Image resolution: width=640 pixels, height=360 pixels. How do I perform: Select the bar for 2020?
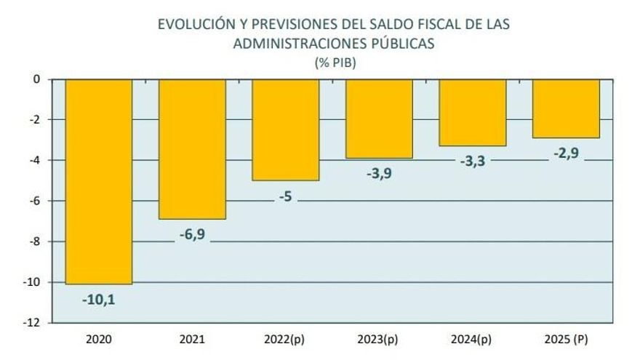pyautogui.click(x=99, y=181)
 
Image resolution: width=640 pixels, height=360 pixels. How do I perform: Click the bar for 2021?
pyautogui.click(x=192, y=148)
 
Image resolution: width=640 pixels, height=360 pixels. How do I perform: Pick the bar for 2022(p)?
pyautogui.click(x=286, y=129)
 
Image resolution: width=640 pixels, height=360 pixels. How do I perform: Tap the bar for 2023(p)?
pyautogui.click(x=379, y=119)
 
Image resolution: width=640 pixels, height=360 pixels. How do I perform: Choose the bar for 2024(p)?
pyautogui.click(x=473, y=112)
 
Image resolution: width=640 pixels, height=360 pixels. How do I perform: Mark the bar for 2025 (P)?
pyautogui.click(x=566, y=108)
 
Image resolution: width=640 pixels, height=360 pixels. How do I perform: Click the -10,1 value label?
pyautogui.click(x=99, y=298)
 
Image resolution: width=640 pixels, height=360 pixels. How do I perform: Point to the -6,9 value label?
pyautogui.click(x=192, y=233)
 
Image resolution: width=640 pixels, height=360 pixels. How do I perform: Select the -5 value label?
pyautogui.click(x=286, y=196)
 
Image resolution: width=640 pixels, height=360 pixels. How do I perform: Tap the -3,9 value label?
pyautogui.click(x=379, y=173)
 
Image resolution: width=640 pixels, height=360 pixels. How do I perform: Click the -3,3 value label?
pyautogui.click(x=473, y=161)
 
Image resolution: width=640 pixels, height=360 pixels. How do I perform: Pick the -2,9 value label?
pyautogui.click(x=566, y=153)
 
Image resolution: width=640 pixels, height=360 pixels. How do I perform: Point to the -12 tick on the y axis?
pyautogui.click(x=33, y=322)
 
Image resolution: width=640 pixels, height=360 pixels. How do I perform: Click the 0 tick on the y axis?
pyautogui.click(x=37, y=79)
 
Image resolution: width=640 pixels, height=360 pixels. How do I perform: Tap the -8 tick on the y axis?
pyautogui.click(x=35, y=241)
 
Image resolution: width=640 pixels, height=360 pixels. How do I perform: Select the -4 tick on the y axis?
pyautogui.click(x=35, y=160)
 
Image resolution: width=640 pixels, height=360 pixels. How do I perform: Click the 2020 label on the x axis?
pyautogui.click(x=99, y=339)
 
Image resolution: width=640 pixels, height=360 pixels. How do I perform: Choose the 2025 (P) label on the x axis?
pyautogui.click(x=566, y=339)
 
